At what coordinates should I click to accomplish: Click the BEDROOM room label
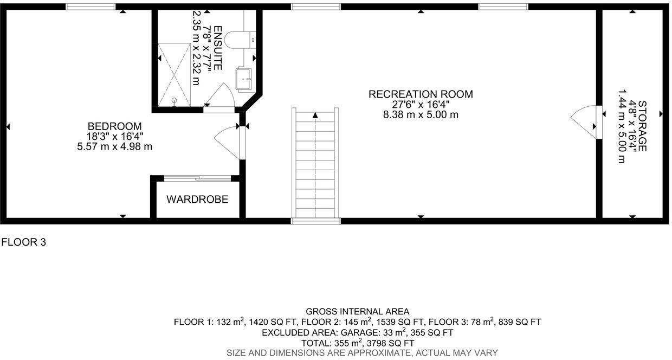114,126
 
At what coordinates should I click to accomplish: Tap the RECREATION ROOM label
421,94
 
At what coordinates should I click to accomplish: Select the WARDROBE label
197,200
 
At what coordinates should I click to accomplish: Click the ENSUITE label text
217,48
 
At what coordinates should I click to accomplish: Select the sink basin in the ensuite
245,78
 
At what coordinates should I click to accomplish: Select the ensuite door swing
222,97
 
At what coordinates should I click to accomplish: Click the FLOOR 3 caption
23,242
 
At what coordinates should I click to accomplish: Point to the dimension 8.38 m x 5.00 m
421,114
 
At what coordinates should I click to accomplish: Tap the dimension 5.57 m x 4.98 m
114,146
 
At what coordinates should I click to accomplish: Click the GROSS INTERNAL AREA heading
357,311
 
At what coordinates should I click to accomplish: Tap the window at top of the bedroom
91,7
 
